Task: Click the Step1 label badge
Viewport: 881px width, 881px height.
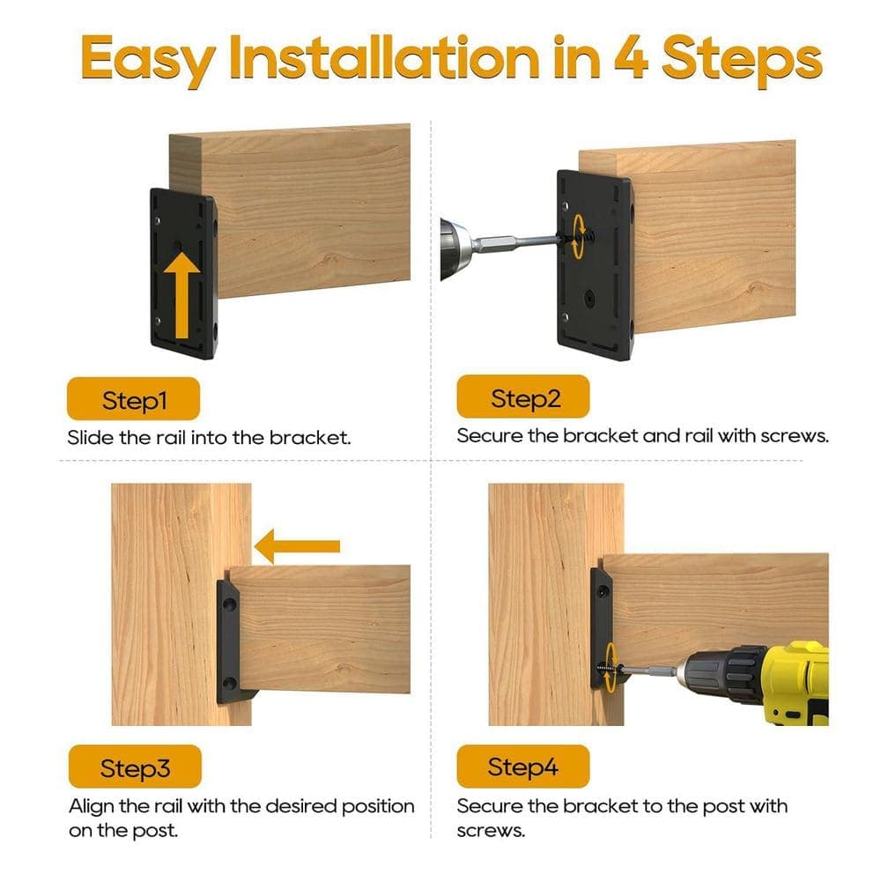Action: (x=133, y=399)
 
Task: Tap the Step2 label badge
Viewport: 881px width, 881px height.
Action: (x=523, y=396)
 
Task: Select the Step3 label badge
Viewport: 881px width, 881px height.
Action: (x=135, y=766)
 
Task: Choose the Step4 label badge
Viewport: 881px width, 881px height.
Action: (x=523, y=766)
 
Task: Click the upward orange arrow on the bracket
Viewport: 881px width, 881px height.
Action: (x=181, y=295)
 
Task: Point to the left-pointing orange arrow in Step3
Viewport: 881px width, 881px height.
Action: (x=297, y=546)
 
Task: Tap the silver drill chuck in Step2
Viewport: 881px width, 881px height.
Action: (x=456, y=248)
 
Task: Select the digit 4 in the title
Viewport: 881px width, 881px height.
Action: (x=631, y=56)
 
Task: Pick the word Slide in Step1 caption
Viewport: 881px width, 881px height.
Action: (x=91, y=437)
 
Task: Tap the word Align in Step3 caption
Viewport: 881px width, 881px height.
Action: (x=91, y=807)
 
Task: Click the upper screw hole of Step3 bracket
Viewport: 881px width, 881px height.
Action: (x=229, y=605)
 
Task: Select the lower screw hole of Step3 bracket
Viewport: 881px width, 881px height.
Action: (x=229, y=684)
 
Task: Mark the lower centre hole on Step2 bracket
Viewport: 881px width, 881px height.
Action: (x=589, y=299)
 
